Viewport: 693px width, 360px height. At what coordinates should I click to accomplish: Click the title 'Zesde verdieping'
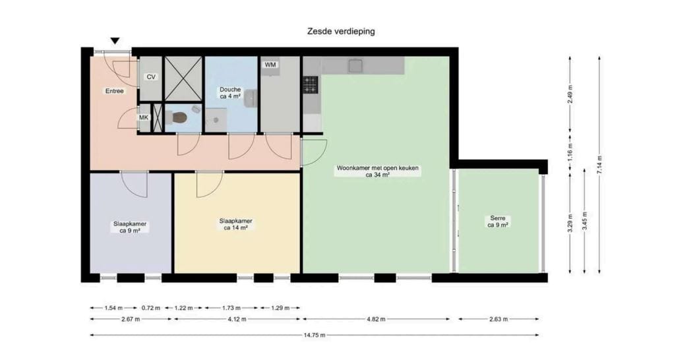tap(341, 31)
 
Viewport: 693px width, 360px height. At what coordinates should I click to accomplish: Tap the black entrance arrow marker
tap(115, 42)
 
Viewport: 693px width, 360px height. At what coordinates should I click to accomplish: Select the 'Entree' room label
tap(114, 91)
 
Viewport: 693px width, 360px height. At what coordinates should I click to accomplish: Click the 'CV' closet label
tap(151, 77)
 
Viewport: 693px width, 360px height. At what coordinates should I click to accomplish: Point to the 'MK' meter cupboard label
tap(144, 117)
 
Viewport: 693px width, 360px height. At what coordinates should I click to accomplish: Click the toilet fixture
tap(178, 118)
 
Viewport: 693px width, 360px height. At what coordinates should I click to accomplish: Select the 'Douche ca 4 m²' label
tap(230, 93)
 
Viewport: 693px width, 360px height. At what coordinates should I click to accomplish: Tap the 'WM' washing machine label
tap(270, 65)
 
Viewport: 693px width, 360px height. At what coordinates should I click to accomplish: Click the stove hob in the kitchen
tap(311, 84)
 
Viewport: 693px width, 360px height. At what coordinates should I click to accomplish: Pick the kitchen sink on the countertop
tap(356, 65)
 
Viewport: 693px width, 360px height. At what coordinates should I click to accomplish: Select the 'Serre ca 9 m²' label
tap(498, 222)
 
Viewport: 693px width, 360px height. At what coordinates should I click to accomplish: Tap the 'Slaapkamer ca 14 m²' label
tap(235, 225)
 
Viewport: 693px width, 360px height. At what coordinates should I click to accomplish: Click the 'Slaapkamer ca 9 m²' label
tap(130, 227)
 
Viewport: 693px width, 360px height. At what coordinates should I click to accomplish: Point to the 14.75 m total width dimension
tap(315, 335)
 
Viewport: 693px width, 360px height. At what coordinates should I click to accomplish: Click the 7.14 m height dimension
tap(599, 164)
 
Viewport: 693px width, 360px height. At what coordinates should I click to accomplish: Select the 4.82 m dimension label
tap(376, 319)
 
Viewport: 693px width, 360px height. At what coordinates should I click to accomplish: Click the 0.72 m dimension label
tap(151, 308)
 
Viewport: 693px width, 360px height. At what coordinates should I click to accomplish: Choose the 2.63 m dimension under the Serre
tap(498, 319)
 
